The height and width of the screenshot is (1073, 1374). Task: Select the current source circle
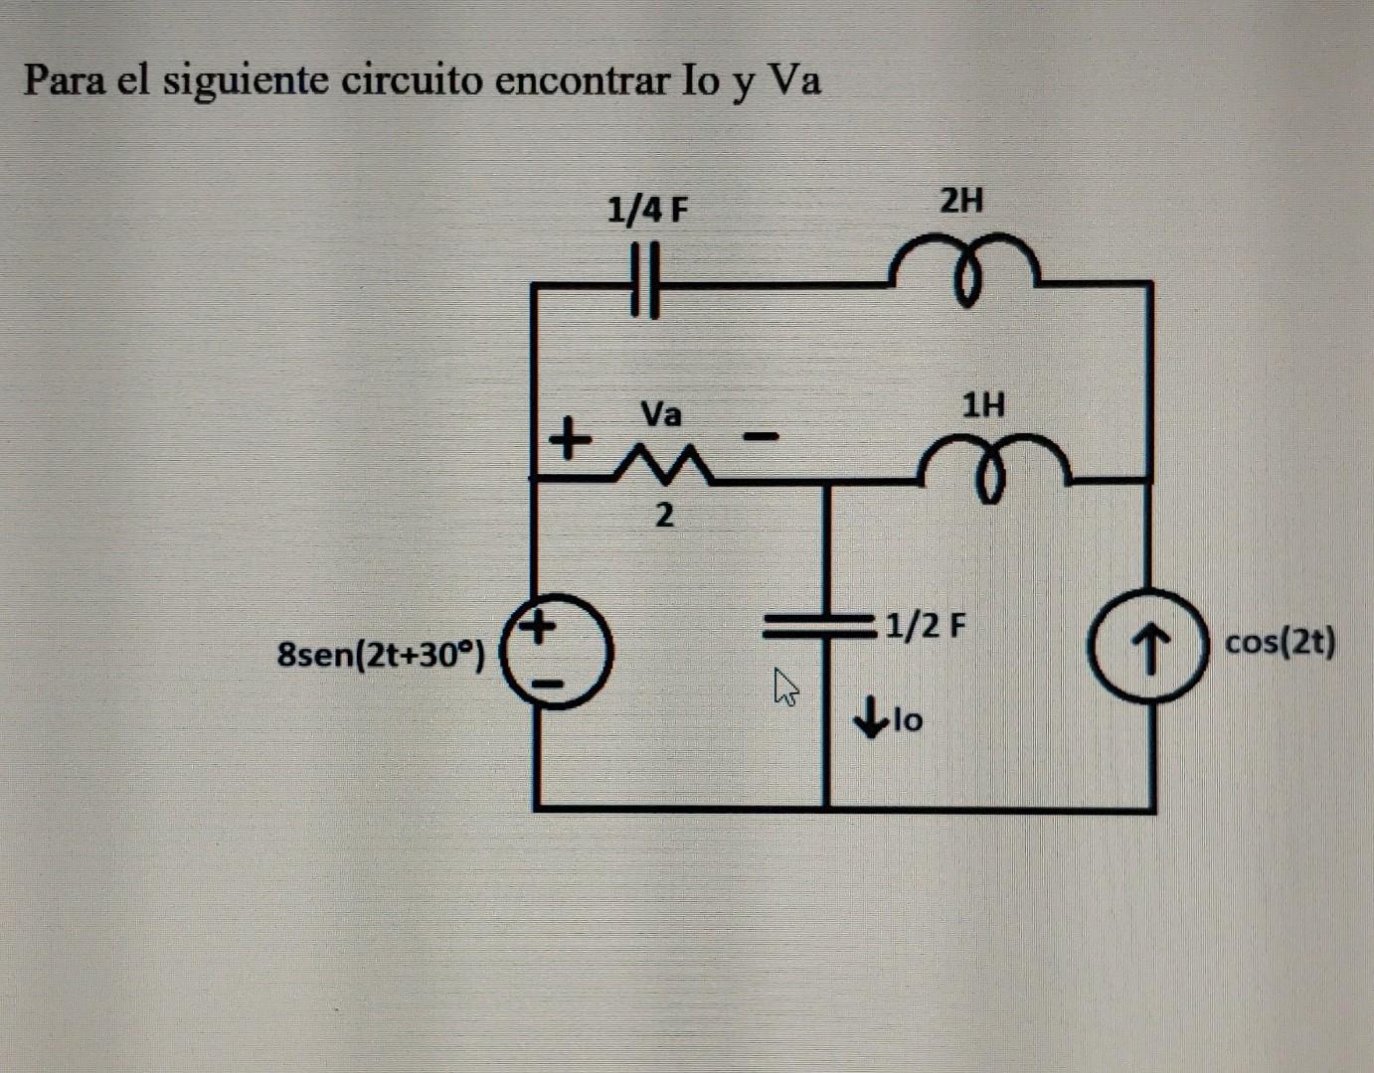coord(1150,646)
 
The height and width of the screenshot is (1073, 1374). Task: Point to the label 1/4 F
coord(647,211)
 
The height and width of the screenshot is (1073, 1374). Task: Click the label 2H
coord(961,202)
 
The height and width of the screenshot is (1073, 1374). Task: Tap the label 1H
coord(983,405)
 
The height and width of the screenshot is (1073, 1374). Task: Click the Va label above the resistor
coord(661,413)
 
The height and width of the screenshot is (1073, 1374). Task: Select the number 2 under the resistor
coord(664,516)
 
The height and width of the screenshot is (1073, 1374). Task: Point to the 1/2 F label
coord(926,626)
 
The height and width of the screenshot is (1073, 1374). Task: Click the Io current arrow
coord(872,717)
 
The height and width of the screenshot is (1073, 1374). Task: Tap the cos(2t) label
coord(1281,643)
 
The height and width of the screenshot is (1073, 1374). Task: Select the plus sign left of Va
coord(569,437)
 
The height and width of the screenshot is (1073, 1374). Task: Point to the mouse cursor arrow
coord(785,686)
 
